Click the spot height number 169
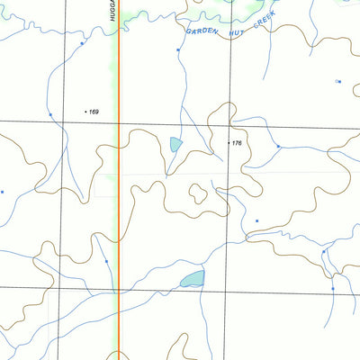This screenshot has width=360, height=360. tap(94, 112)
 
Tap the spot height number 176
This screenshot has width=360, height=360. tap(237, 143)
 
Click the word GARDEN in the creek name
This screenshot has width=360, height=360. tap(202, 31)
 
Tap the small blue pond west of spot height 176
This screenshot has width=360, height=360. tap(175, 143)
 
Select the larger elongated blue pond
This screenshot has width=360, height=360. tap(192, 278)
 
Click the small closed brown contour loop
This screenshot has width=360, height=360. tap(196, 192)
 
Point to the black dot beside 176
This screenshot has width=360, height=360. tap(228, 143)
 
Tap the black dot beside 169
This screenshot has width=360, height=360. tap(85, 112)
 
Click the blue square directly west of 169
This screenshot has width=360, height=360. tap(50, 114)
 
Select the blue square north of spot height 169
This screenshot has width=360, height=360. tap(82, 42)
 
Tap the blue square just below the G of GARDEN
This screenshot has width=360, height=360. tap(178, 50)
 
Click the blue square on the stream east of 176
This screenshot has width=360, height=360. tap(278, 146)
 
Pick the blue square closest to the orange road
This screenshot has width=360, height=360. tap(106, 261)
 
